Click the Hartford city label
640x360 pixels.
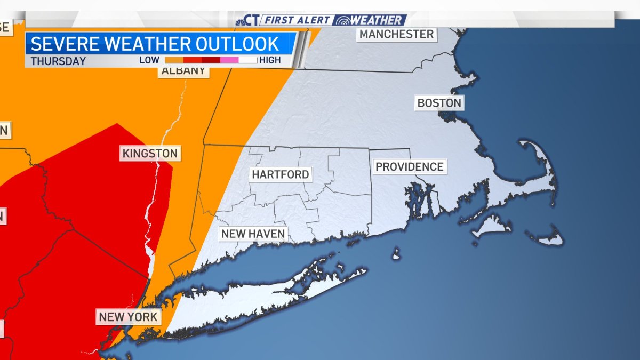coord(280,174)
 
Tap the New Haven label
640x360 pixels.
coord(253,234)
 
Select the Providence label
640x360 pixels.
coord(409,166)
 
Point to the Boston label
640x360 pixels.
coord(439,102)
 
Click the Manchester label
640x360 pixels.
coord(396,34)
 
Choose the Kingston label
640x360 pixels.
coord(150,154)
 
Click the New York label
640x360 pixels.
coord(128,317)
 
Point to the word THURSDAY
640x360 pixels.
coord(58,61)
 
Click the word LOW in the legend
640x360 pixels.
coord(149,60)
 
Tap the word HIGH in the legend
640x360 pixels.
coord(270,60)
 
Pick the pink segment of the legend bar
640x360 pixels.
coord(229,60)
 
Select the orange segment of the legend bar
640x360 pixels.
coord(174,60)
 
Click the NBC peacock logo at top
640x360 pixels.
coord(241,20)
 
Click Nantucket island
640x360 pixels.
coord(547,237)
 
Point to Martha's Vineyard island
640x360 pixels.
coord(492,226)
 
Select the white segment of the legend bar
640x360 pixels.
coord(248,60)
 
